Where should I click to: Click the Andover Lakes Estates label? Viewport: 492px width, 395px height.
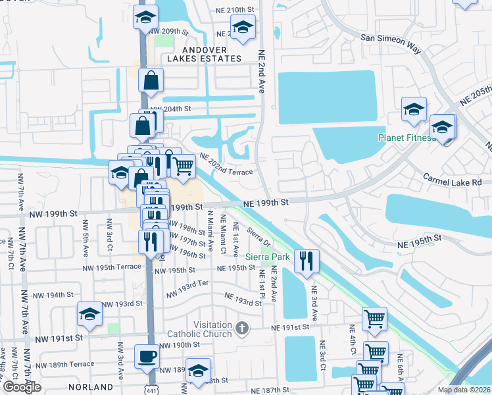point(204,54)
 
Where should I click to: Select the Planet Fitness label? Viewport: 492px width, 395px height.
point(406,138)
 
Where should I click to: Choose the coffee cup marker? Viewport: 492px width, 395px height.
point(147,357)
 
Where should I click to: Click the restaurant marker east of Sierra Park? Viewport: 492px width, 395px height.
point(306,261)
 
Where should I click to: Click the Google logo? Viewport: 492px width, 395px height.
point(22,387)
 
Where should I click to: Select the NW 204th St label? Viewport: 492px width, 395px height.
point(170,109)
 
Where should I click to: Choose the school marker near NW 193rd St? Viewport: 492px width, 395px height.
point(89,315)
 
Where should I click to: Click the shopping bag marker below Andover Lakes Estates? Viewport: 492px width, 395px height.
point(151,80)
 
